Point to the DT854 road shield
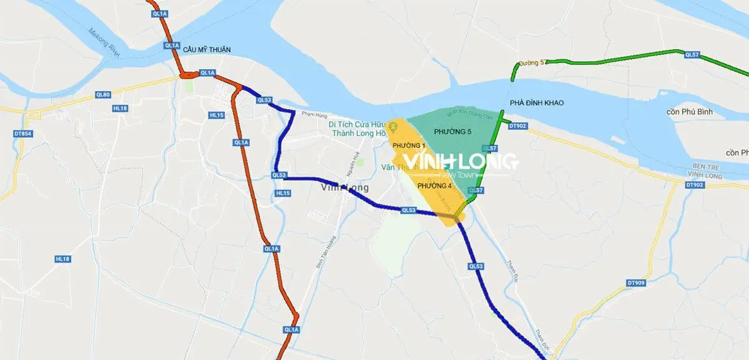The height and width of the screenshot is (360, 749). click(x=21, y=133)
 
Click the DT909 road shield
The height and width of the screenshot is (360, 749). click(x=635, y=283)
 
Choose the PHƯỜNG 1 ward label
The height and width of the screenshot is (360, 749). click(x=405, y=145)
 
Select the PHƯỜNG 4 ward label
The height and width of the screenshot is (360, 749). click(x=434, y=186)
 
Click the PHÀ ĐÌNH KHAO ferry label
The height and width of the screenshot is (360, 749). click(x=536, y=102)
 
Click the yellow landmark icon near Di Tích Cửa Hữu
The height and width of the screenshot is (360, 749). click(x=393, y=128)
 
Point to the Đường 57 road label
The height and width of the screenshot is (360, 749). click(x=534, y=62)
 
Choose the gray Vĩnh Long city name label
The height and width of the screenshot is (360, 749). click(x=345, y=187)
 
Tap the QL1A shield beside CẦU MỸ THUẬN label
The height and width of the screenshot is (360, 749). click(x=172, y=46)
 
